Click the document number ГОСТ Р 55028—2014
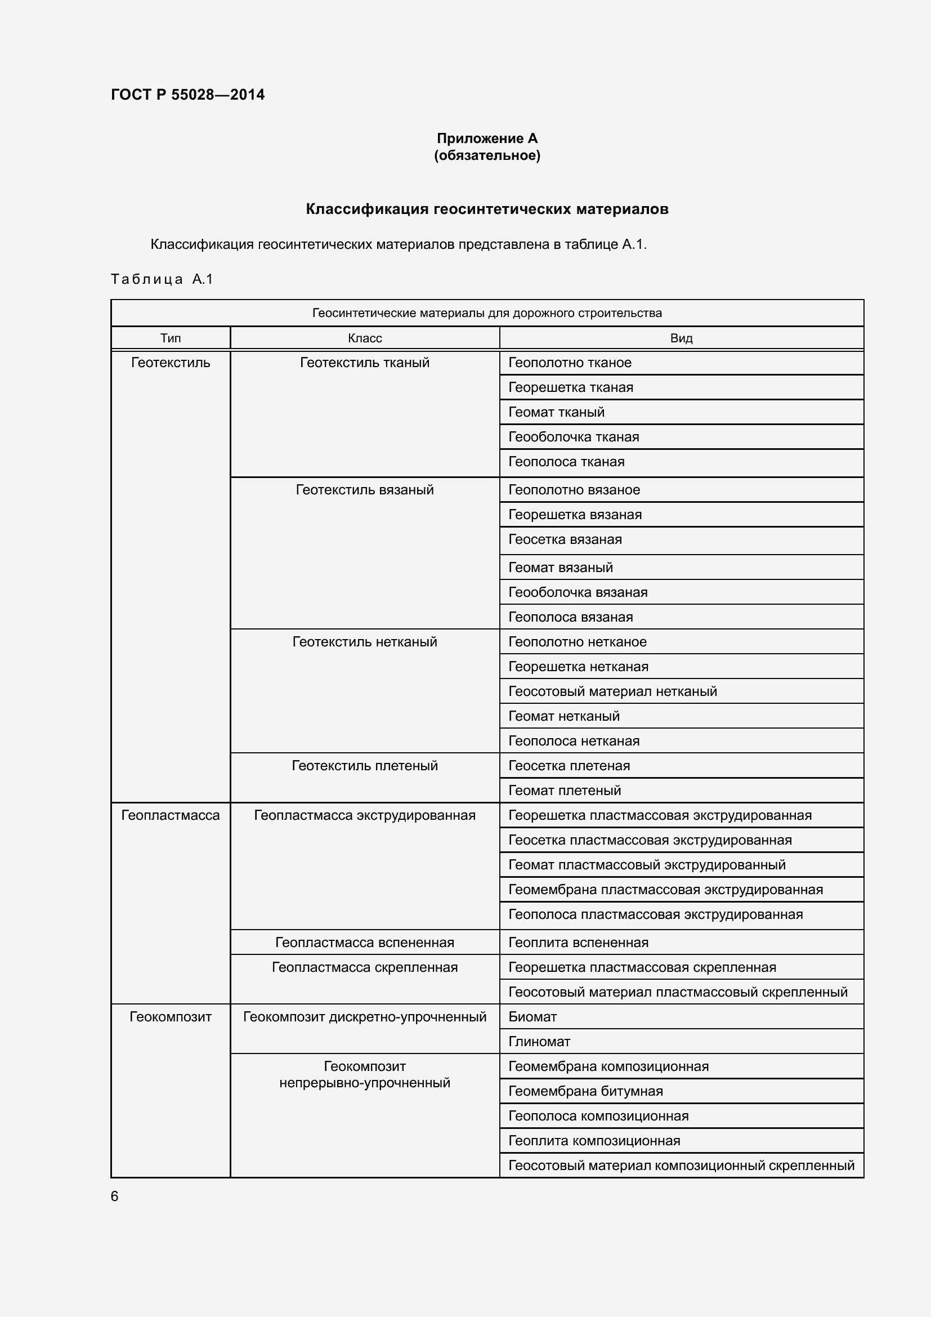click(x=187, y=95)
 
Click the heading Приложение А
click(x=487, y=139)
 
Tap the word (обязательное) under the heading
click(x=487, y=155)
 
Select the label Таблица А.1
click(x=162, y=279)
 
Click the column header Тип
click(x=170, y=338)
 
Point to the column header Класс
click(x=365, y=338)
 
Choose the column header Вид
click(x=681, y=338)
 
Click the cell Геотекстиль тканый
click(x=365, y=363)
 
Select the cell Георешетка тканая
click(x=570, y=387)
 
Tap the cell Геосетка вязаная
click(x=565, y=539)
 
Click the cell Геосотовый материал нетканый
click(x=612, y=691)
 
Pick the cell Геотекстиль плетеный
click(x=365, y=766)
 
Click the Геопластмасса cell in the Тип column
click(x=170, y=815)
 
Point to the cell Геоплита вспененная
click(x=578, y=943)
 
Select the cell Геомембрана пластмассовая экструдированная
click(x=665, y=890)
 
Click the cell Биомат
click(x=532, y=1017)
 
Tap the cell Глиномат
click(x=539, y=1042)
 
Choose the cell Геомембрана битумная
click(x=585, y=1091)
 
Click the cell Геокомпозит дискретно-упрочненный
click(x=365, y=1017)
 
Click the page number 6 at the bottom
click(x=115, y=1196)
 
